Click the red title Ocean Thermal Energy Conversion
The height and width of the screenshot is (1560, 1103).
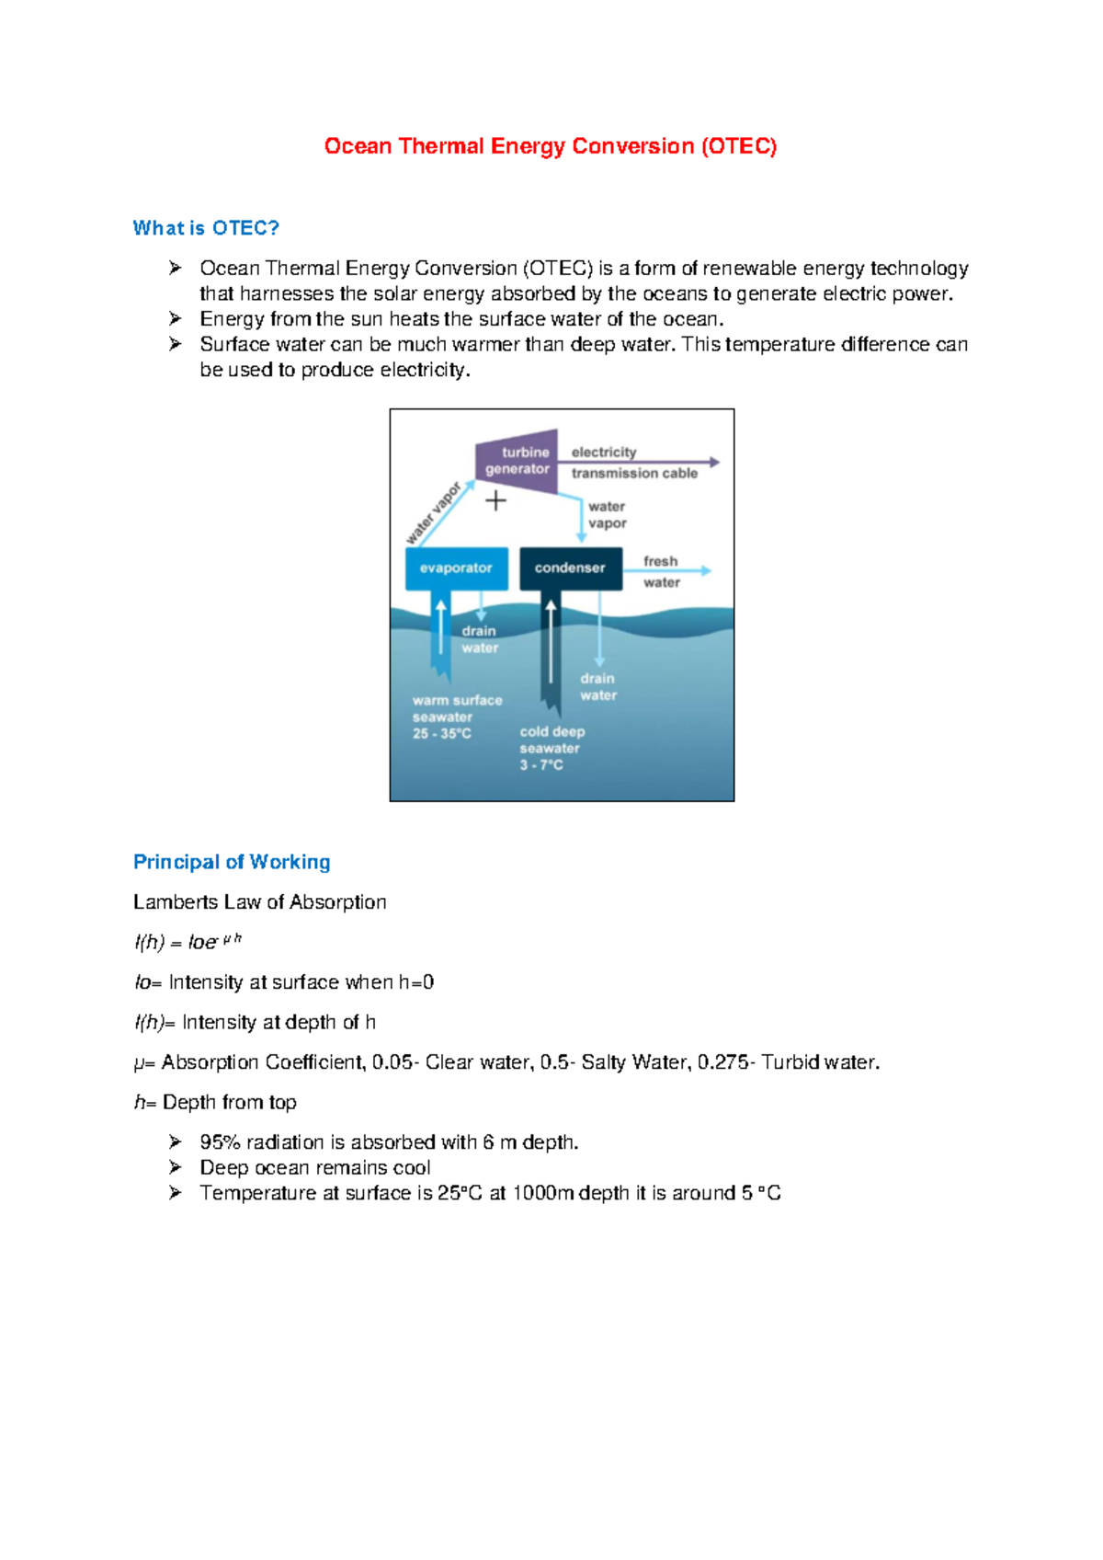[550, 146]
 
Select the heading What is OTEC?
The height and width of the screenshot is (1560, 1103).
[206, 228]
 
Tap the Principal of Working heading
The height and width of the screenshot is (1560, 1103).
[232, 862]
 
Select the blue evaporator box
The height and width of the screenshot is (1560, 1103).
[456, 568]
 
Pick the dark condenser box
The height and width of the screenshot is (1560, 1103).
[570, 568]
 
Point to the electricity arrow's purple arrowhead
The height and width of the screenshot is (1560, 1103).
[714, 462]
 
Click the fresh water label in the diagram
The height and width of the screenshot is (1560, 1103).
[661, 571]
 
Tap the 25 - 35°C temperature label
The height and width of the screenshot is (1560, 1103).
[442, 734]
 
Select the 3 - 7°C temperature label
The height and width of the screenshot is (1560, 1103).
[541, 765]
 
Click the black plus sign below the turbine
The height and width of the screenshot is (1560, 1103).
[495, 500]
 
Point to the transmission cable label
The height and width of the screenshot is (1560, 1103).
[634, 474]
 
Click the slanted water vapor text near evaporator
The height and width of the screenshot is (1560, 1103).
[433, 512]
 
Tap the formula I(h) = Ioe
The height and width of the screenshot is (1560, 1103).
[188, 942]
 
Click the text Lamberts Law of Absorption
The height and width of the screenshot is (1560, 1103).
[259, 902]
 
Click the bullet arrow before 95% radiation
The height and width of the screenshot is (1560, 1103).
[175, 1141]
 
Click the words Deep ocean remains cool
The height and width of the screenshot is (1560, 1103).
[315, 1168]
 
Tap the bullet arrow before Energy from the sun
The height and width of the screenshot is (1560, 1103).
[175, 318]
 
